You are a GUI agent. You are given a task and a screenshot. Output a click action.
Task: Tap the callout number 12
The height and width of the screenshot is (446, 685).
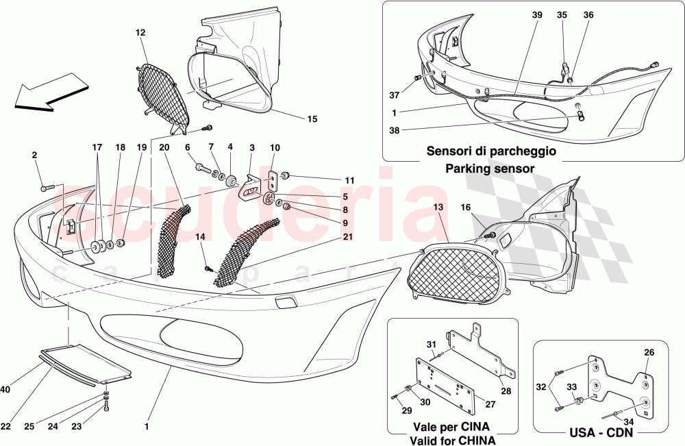click(x=140, y=33)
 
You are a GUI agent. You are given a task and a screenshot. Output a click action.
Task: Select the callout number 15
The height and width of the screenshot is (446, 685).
click(x=312, y=119)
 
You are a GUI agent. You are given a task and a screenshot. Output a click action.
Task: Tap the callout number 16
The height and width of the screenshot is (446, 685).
click(x=466, y=206)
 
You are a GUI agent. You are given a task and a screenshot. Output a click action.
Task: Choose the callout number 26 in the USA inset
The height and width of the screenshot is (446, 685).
click(x=649, y=353)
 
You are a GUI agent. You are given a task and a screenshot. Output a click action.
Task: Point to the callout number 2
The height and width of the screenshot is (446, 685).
click(x=34, y=156)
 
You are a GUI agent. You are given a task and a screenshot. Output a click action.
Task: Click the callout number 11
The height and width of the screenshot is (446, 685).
click(x=350, y=181)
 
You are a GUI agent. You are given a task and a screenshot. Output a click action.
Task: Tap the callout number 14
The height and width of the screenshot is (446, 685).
click(x=201, y=237)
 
